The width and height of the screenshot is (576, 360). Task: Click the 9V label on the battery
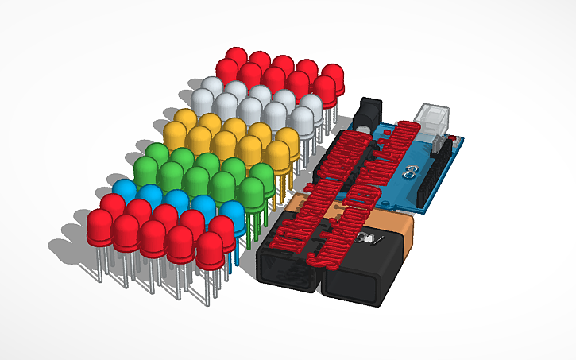pos(370,239)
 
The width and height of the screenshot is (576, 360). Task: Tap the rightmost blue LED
pos(231,216)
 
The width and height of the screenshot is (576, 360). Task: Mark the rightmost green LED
pos(252,191)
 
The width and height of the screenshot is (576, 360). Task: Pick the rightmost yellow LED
pos(280,154)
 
